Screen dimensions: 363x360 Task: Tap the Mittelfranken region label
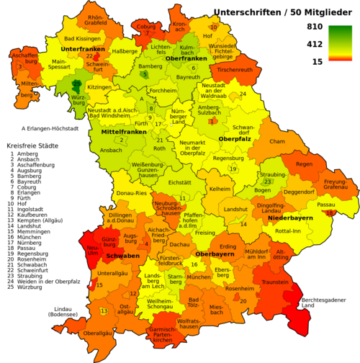[114, 132]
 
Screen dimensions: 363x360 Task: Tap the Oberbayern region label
[215, 254]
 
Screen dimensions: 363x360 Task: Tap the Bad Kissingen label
[81, 38]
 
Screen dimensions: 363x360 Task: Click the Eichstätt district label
[179, 183]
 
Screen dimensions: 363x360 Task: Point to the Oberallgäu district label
[98, 333]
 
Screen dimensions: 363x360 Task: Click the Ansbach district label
[110, 150]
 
